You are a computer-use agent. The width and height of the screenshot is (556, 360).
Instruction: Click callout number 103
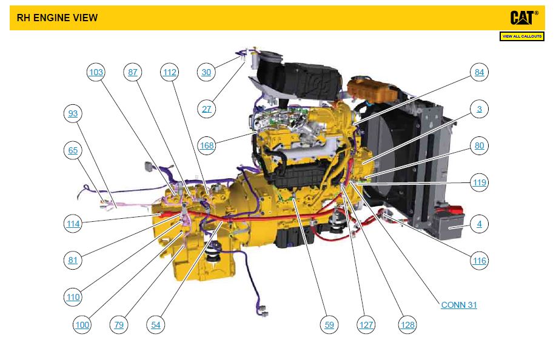pos(96,73)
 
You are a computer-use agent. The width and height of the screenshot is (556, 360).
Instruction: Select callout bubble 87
pos(133,73)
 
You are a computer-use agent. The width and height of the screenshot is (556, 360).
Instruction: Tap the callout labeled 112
pos(170,73)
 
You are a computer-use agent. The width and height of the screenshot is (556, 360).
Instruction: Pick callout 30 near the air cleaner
pos(207,73)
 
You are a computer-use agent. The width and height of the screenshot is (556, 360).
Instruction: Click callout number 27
pos(207,109)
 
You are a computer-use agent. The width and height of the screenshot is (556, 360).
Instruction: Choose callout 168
pos(207,145)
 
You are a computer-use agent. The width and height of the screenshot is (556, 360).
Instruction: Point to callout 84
pos(480,73)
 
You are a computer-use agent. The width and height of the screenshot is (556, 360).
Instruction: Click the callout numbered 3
pos(480,109)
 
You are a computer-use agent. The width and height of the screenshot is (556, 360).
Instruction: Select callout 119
pos(480,182)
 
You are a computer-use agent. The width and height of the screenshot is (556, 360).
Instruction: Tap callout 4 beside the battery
pos(480,224)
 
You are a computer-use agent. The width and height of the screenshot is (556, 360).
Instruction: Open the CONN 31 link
pos(459,305)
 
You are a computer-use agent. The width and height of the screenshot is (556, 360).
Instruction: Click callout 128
pos(407,325)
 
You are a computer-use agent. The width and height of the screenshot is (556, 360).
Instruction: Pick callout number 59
pos(329,325)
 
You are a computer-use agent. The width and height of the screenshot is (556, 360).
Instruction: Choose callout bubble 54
pos(156,325)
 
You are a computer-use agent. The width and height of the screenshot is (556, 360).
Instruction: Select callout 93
pos(73,114)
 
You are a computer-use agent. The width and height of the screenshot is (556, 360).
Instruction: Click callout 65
pos(73,150)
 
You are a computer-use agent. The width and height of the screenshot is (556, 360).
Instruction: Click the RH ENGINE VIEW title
pos(57,18)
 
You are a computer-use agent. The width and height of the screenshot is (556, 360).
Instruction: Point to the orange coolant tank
pos(369,90)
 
